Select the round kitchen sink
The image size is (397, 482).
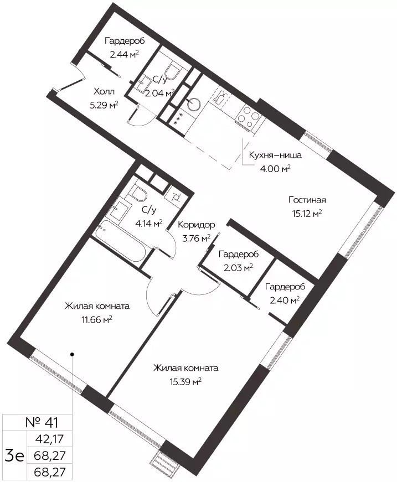(194, 103)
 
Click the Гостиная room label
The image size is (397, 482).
(307, 200)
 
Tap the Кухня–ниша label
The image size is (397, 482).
(275, 156)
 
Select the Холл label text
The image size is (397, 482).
(104, 92)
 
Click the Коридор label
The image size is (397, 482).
(196, 225)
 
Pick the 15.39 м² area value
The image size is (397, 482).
(185, 382)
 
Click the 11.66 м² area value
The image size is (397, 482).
(96, 320)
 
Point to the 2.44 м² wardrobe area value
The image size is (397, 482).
(124, 54)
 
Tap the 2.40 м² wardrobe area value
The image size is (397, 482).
(285, 300)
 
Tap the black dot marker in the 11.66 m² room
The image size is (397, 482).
(72, 354)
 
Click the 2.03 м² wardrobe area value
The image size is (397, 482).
(238, 268)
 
